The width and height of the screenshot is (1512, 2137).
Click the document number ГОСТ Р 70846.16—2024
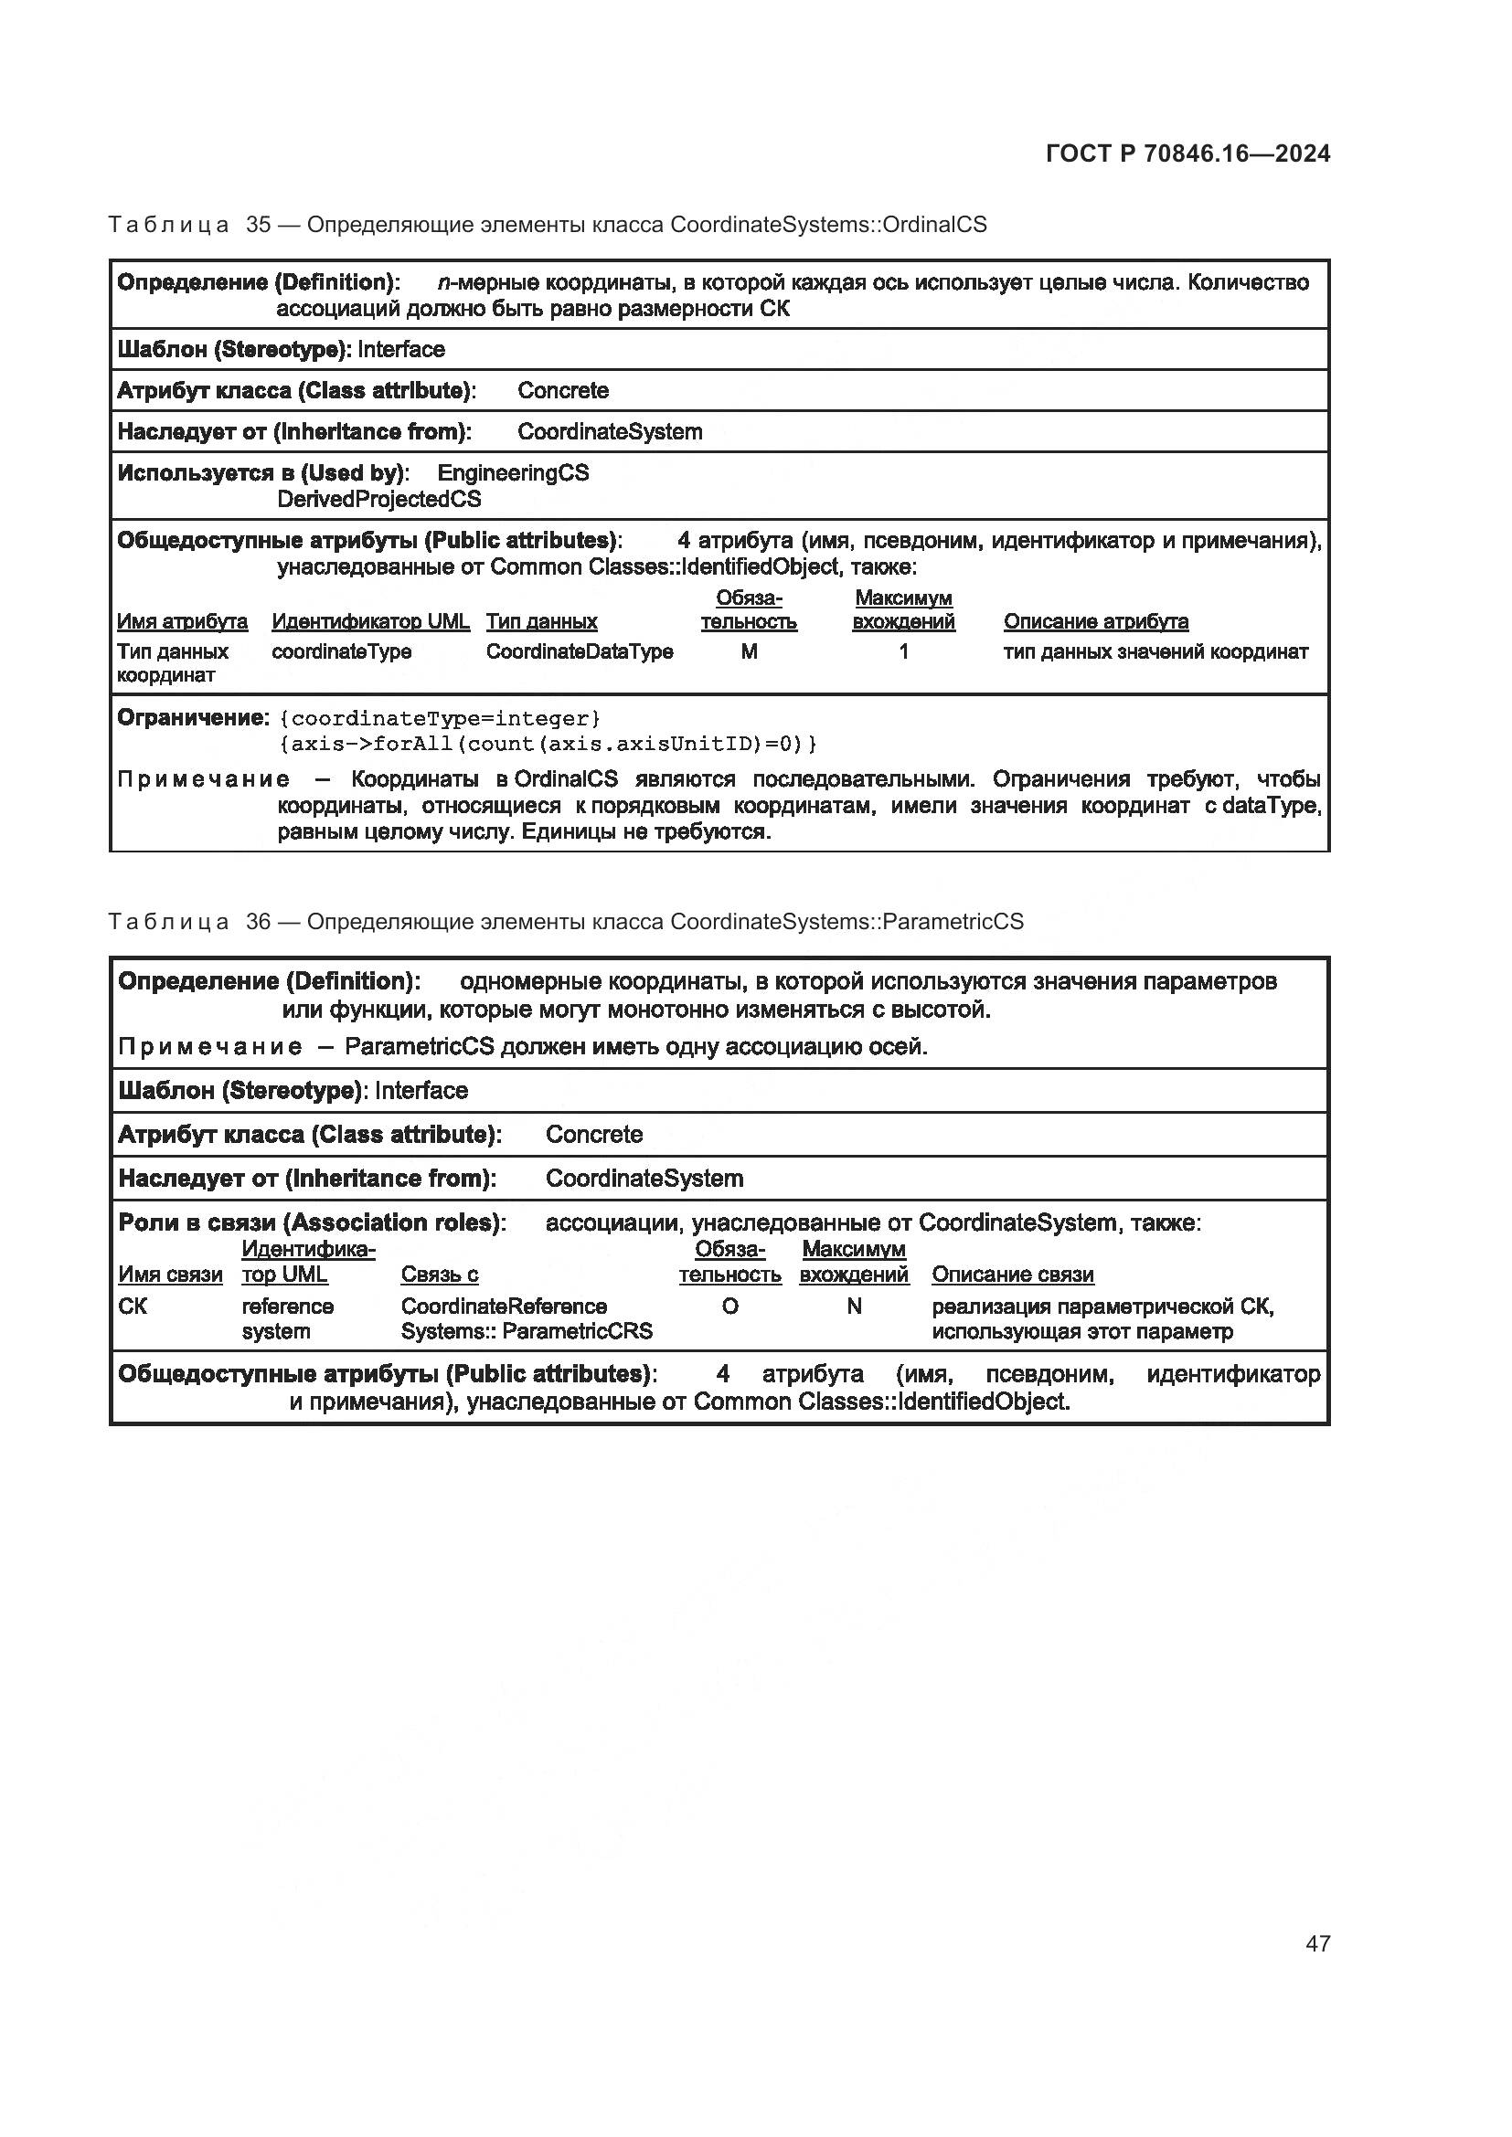[1187, 153]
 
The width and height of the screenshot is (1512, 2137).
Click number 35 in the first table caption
[258, 225]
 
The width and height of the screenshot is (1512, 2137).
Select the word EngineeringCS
[512, 473]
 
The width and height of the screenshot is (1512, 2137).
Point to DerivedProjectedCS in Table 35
[379, 500]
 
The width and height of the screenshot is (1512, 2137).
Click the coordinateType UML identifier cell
[341, 651]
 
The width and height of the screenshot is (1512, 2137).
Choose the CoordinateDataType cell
[579, 651]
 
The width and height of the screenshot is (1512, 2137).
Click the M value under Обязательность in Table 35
[749, 651]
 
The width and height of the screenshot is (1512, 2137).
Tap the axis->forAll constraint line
[548, 744]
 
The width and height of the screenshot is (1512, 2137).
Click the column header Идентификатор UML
[370, 622]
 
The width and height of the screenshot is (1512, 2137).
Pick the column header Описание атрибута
[1095, 622]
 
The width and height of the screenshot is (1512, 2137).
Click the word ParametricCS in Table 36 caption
[953, 922]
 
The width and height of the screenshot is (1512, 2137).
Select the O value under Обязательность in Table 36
[729, 1307]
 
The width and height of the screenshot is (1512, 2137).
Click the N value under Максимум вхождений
[854, 1307]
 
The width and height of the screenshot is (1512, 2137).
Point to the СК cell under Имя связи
[133, 1307]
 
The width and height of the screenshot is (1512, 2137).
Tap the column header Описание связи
[1012, 1275]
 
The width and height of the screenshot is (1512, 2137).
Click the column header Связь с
[440, 1275]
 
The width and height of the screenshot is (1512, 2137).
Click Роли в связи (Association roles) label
[311, 1222]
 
